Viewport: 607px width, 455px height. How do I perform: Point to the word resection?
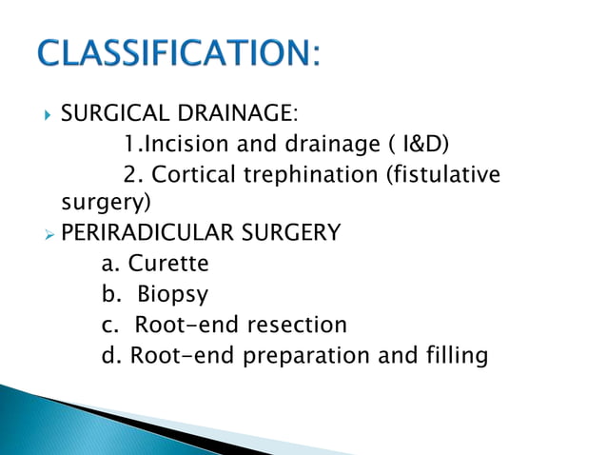(x=297, y=325)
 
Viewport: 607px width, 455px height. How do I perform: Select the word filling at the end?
(x=453, y=355)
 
